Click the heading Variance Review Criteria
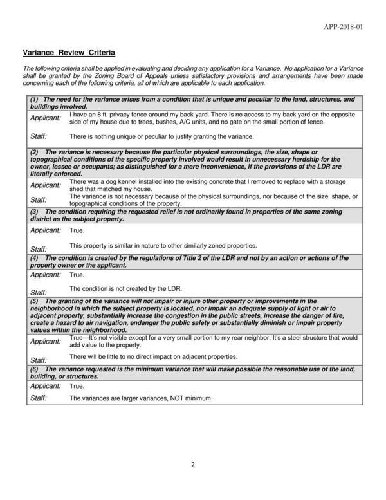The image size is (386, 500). [x=69, y=51]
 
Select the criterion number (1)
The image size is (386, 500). [x=35, y=100]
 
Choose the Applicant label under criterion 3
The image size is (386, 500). [x=46, y=230]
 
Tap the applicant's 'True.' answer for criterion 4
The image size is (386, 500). [x=77, y=275]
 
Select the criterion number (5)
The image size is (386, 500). [x=35, y=301]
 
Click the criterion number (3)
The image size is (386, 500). [x=35, y=211]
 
